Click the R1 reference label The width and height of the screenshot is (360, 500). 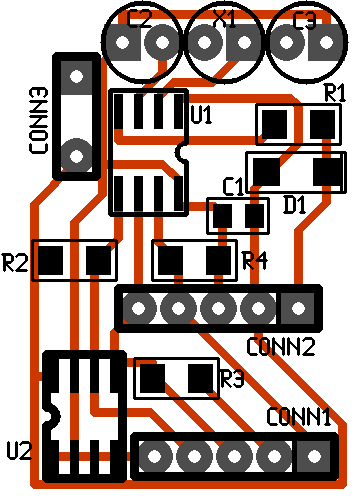pyautogui.click(x=335, y=93)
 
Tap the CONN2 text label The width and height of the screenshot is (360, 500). pyautogui.click(x=281, y=347)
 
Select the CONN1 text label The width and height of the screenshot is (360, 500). pyautogui.click(x=298, y=417)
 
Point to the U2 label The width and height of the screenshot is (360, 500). pyautogui.click(x=19, y=451)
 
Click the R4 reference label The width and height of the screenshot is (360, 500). pyautogui.click(x=255, y=262)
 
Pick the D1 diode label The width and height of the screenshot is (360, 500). pyautogui.click(x=295, y=204)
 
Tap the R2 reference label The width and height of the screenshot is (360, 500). pyautogui.click(x=16, y=264)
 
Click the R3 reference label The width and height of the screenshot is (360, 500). pyautogui.click(x=232, y=379)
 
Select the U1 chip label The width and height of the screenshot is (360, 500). pyautogui.click(x=201, y=116)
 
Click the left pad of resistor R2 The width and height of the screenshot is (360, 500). pyautogui.click(x=53, y=261)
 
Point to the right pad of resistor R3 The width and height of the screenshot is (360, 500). pyautogui.click(x=201, y=378)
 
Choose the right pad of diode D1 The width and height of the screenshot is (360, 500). pyautogui.click(x=325, y=171)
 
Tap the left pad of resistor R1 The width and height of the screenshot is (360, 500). pyautogui.click(x=275, y=124)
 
